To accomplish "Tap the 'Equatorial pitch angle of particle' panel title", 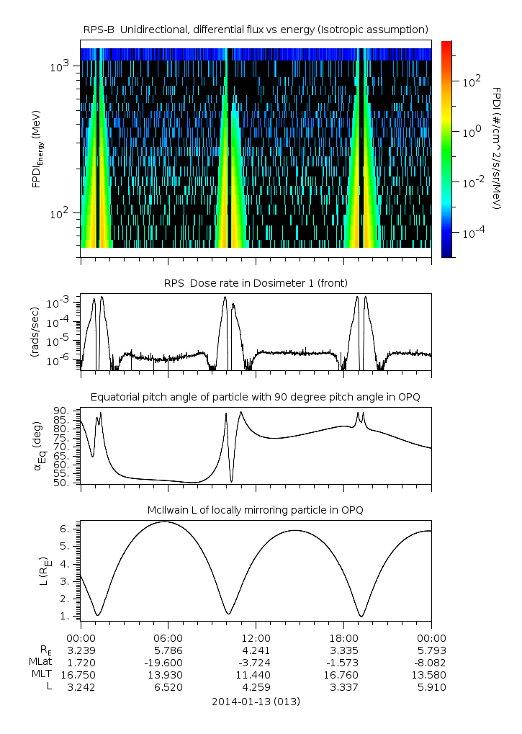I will [256, 397].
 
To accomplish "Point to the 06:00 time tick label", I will [168, 637].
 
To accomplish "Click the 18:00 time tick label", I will [343, 637].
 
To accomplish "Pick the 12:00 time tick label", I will [256, 637].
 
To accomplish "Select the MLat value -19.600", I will [168, 662].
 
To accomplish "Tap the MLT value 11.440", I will [256, 675].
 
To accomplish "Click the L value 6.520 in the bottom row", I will [168, 687].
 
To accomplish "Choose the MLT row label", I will [41, 675].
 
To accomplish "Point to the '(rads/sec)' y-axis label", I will [35, 332].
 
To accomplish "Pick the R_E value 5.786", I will [168, 650].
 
